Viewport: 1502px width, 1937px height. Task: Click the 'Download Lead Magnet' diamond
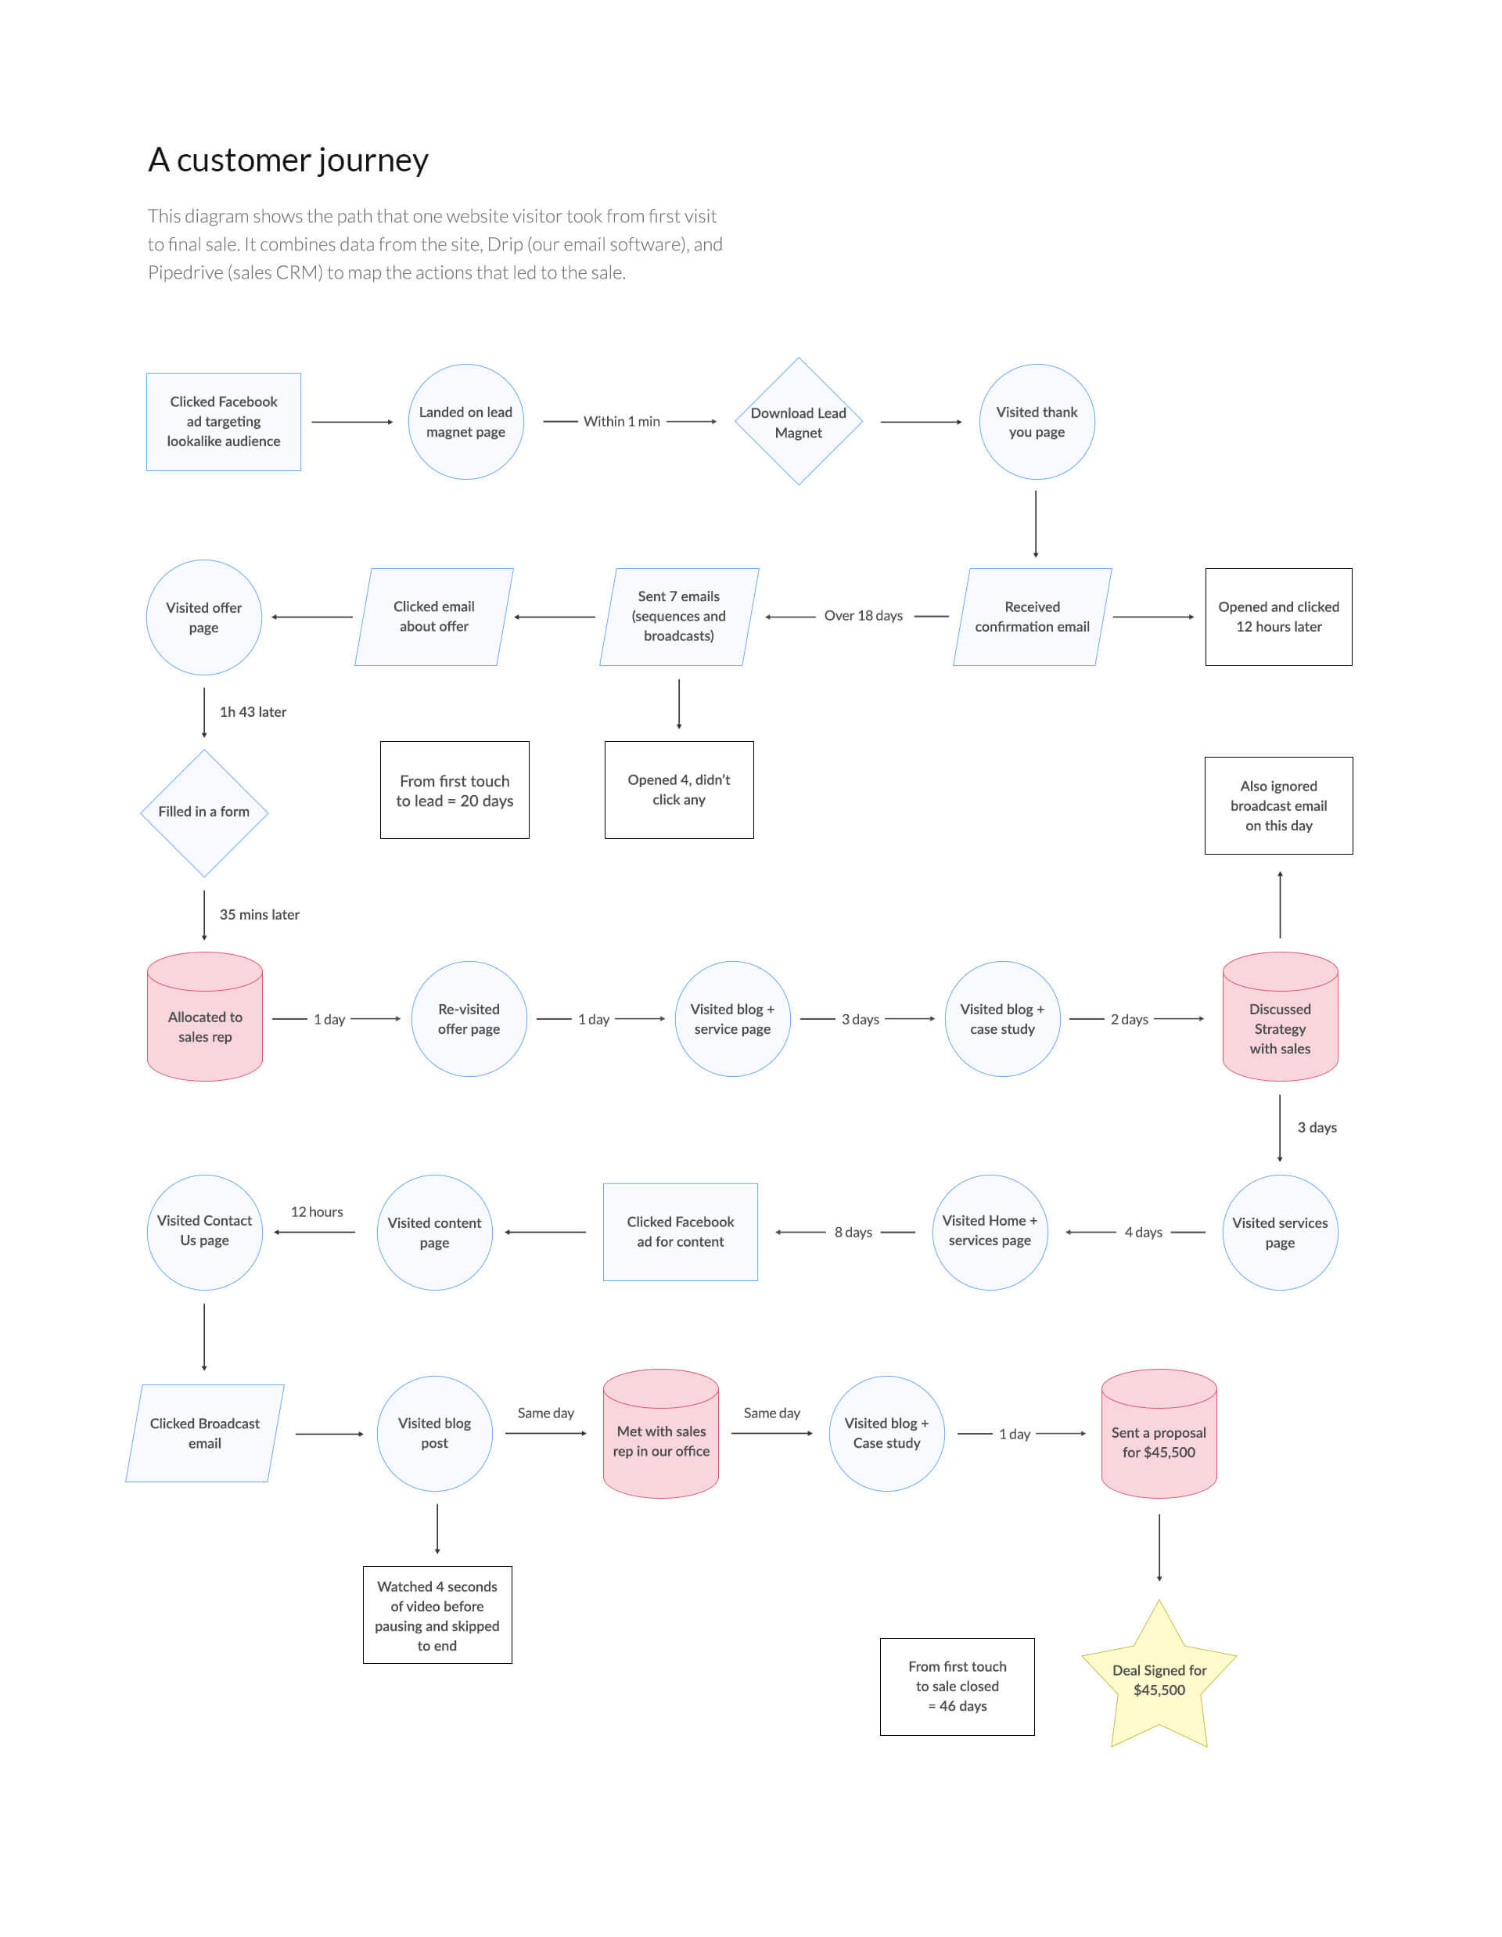point(798,421)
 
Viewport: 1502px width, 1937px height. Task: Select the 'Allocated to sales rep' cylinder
point(205,1017)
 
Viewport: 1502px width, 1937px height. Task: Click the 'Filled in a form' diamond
point(204,812)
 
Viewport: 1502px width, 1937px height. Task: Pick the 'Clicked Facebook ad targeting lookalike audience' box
point(224,421)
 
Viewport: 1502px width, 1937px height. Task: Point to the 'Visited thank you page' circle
point(1037,421)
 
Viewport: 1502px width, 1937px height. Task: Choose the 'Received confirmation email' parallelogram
point(1032,617)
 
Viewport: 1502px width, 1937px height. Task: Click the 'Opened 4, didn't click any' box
point(679,790)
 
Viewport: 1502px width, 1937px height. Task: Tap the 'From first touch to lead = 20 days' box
point(455,790)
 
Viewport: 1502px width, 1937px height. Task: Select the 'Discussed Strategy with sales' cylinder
point(1280,1017)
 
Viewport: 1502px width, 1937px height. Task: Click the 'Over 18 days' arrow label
point(863,615)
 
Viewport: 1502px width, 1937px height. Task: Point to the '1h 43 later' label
point(253,712)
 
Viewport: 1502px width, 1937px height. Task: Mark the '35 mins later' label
point(259,914)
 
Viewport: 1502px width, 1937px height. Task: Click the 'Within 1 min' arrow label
point(622,421)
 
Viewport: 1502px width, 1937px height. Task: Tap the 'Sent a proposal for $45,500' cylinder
point(1159,1434)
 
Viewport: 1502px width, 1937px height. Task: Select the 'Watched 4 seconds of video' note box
point(437,1615)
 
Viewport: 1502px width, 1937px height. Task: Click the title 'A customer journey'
point(288,160)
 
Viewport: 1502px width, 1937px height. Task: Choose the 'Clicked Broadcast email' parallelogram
point(205,1433)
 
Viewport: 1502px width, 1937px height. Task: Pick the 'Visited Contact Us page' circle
point(204,1232)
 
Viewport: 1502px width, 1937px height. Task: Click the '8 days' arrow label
point(853,1232)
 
